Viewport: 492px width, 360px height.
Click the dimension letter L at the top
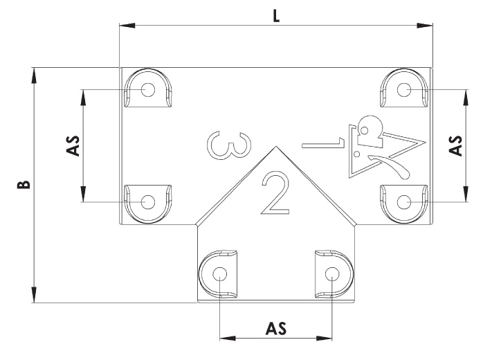[x=276, y=16]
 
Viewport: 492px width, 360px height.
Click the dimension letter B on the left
[x=24, y=184]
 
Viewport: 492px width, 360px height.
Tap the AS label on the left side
[x=73, y=145]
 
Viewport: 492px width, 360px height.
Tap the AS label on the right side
[x=455, y=145]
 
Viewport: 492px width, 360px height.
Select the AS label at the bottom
[x=276, y=328]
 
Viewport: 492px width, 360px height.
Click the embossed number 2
[x=275, y=193]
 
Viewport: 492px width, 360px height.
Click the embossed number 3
[x=229, y=145]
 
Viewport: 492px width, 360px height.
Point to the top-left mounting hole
[x=148, y=90]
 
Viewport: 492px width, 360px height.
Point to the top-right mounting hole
[x=404, y=90]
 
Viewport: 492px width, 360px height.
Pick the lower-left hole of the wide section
[x=148, y=202]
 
